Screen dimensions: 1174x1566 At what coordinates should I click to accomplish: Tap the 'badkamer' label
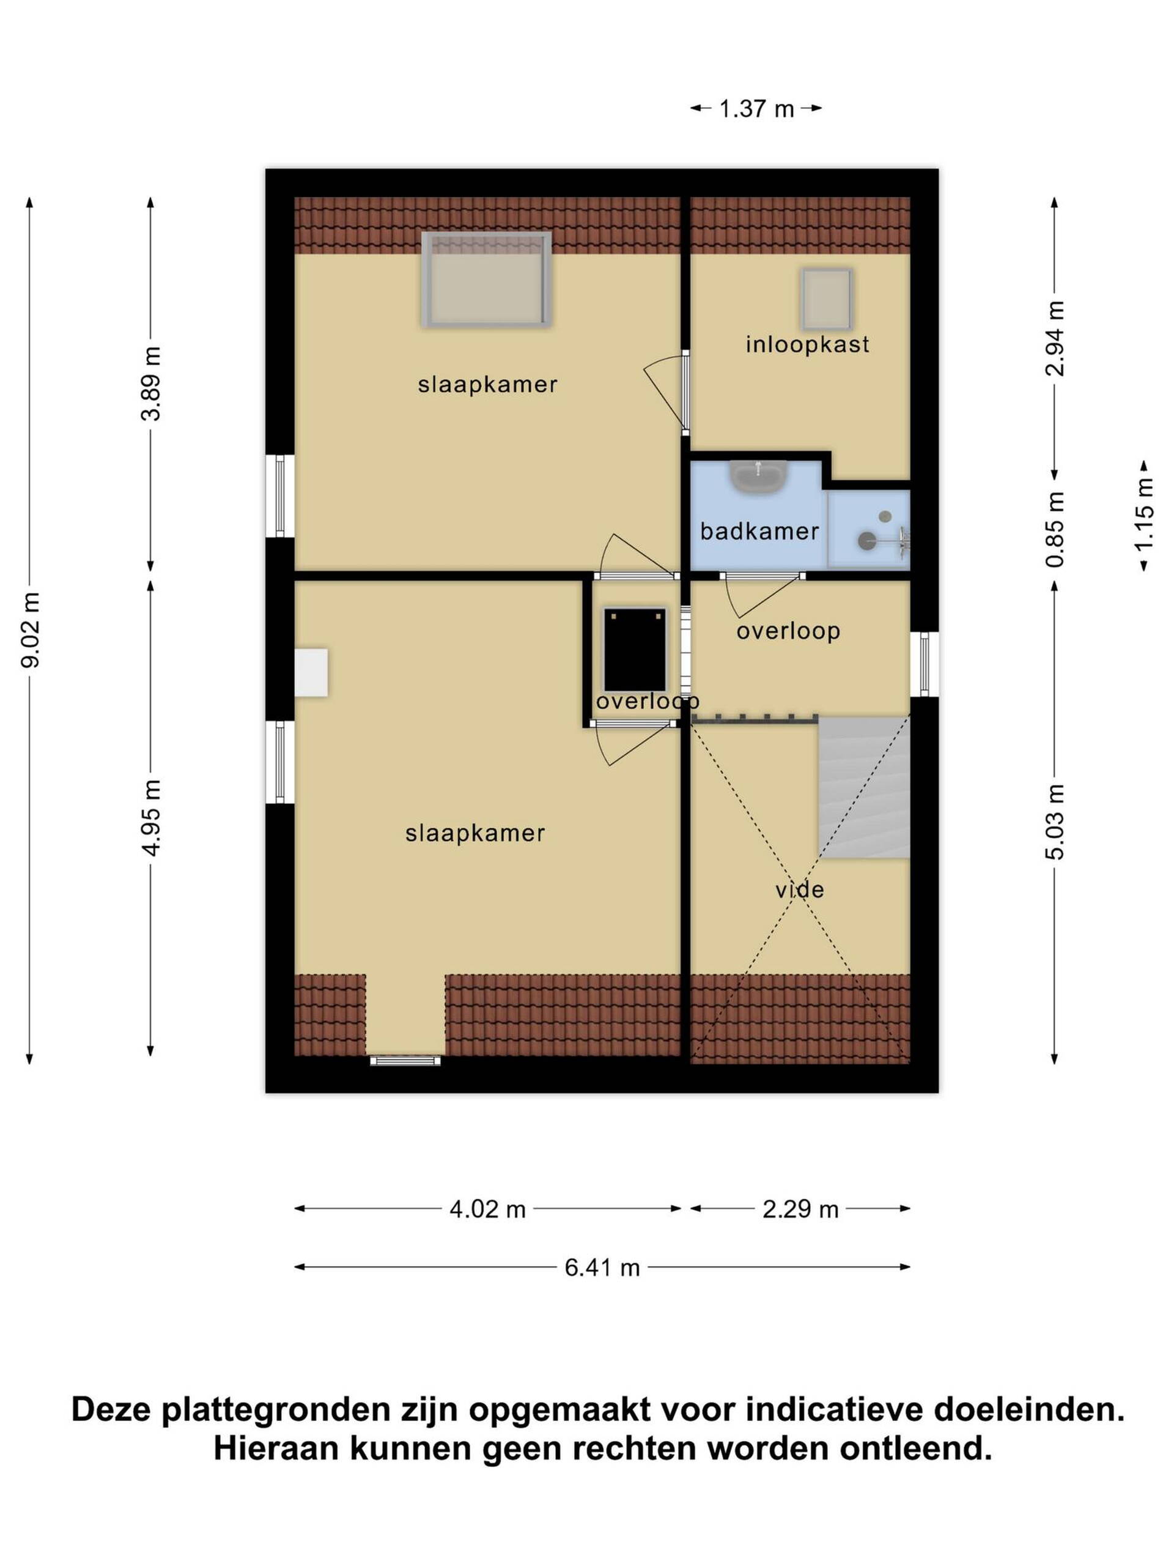[759, 531]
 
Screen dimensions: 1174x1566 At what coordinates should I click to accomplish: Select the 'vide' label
[800, 889]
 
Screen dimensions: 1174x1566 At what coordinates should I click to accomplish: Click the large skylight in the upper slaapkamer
[486, 279]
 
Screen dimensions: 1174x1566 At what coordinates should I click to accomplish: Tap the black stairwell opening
[635, 649]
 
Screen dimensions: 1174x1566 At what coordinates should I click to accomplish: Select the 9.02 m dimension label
[31, 630]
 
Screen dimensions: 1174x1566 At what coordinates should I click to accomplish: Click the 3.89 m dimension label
[151, 384]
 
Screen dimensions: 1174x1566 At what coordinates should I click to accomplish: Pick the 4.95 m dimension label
[151, 817]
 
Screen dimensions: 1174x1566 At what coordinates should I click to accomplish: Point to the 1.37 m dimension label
[756, 109]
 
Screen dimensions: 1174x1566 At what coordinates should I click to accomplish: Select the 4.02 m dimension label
[487, 1209]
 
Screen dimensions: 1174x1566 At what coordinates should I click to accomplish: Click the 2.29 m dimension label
[800, 1209]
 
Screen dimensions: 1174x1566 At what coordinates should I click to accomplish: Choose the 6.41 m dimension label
[602, 1267]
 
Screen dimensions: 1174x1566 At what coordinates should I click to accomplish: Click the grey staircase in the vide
[863, 787]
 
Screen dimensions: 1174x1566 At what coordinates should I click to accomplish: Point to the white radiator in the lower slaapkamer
[311, 672]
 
